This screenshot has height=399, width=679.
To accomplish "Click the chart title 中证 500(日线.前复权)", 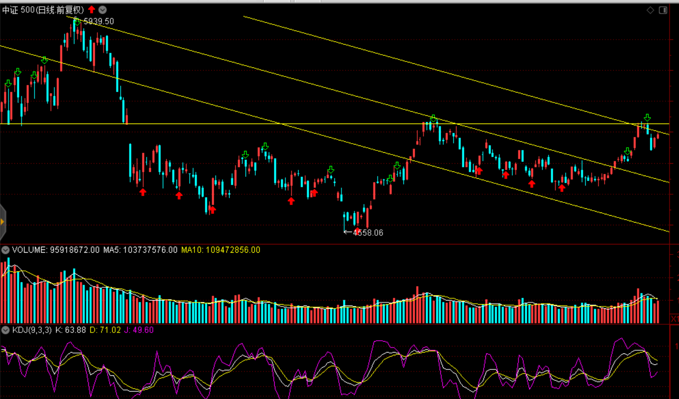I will (x=43, y=10).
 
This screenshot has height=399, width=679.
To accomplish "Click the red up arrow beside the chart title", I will (x=92, y=10).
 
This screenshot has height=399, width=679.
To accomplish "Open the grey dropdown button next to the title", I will (x=103, y=10).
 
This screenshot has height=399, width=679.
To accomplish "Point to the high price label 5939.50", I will (x=98, y=21).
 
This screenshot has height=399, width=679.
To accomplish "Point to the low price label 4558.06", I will (x=368, y=233).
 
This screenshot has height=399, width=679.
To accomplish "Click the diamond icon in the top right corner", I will (x=650, y=10).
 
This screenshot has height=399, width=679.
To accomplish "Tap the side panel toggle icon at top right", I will (x=663, y=10).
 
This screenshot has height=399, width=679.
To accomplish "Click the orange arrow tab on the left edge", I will (x=2, y=222).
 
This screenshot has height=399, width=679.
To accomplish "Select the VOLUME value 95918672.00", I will (x=75, y=250).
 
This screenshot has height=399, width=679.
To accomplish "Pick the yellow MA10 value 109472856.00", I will (x=233, y=250).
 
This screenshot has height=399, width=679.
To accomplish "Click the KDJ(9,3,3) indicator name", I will (x=32, y=330).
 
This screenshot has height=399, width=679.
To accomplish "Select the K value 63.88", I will (x=75, y=330).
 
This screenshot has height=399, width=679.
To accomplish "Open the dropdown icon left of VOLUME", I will (x=5, y=250).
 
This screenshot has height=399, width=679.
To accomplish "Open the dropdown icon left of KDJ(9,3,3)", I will (x=5, y=330).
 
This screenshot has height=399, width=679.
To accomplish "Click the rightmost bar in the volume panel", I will (x=658, y=311).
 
